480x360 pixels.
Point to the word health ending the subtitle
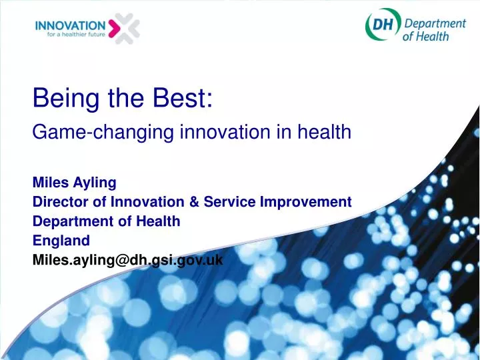(325, 133)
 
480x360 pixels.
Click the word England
(61, 241)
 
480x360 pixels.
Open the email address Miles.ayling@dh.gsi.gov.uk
(127, 261)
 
